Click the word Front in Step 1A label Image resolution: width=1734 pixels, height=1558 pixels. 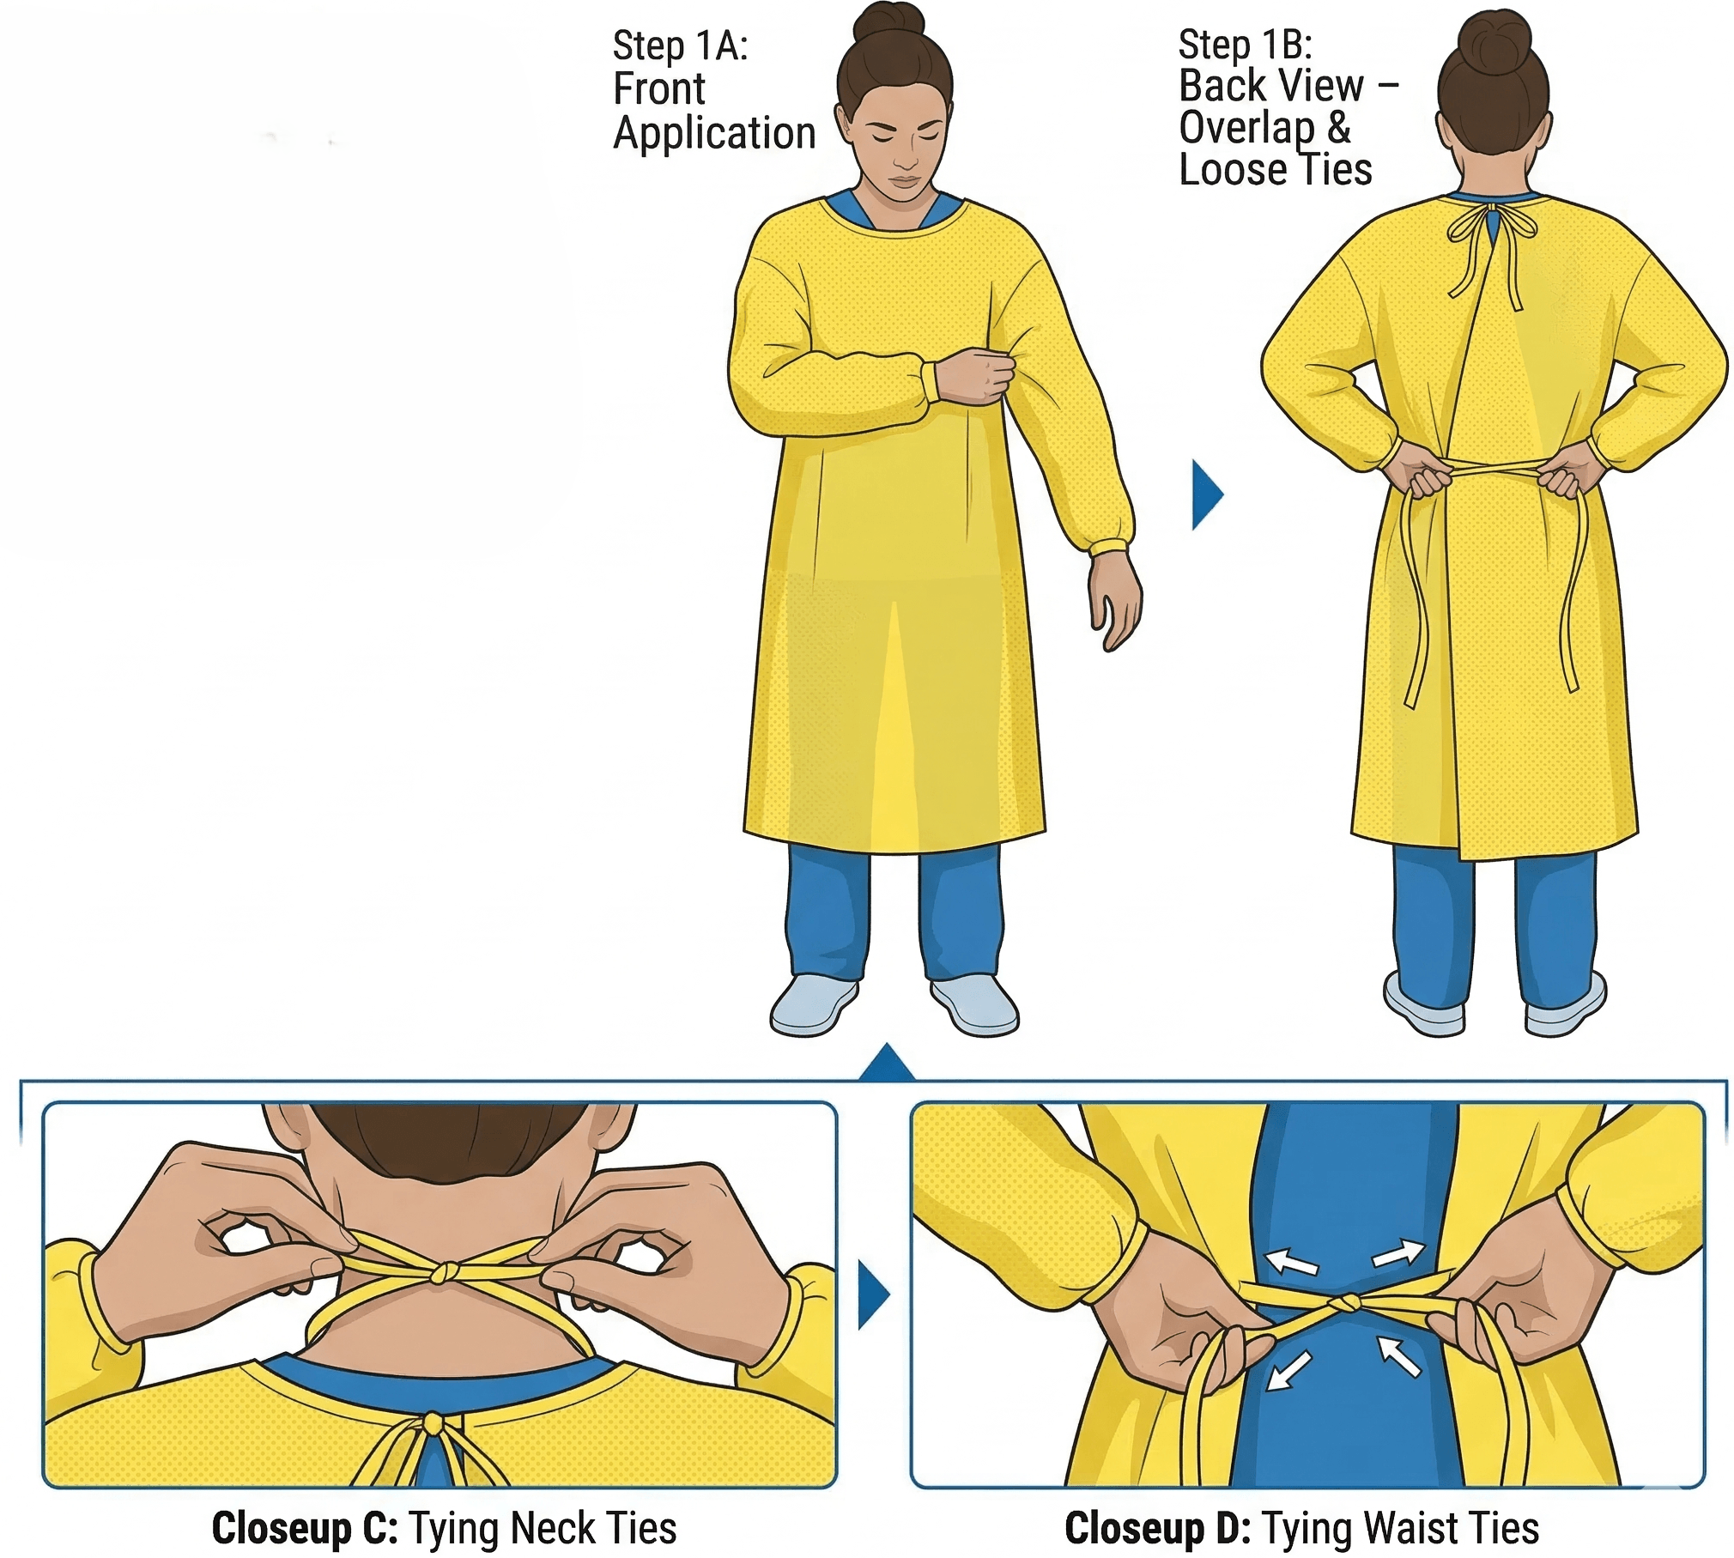(x=659, y=88)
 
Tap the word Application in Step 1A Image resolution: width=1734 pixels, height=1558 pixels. (x=714, y=135)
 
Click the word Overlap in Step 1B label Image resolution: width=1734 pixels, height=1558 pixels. (x=1246, y=129)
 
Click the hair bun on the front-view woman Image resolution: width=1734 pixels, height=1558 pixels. (x=893, y=21)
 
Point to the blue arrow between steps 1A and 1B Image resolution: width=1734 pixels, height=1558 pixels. (x=1207, y=494)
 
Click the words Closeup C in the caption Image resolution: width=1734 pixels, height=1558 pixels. (x=305, y=1528)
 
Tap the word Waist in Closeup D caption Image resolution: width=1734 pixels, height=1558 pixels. (x=1413, y=1528)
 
